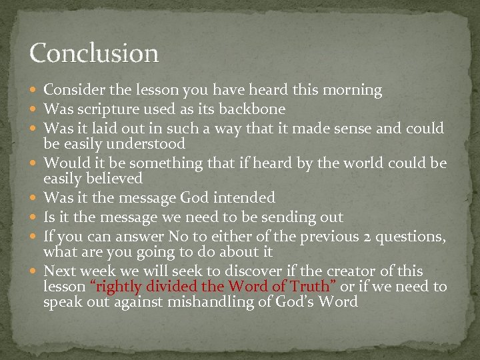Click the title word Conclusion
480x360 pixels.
click(94, 53)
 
